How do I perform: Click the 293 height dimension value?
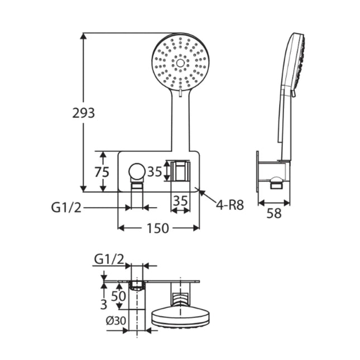(84, 113)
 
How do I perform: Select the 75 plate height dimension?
(102, 172)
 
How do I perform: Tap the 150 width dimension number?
(159, 228)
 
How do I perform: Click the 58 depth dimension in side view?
(274, 213)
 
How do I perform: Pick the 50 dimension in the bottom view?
(118, 296)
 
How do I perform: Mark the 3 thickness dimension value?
(103, 305)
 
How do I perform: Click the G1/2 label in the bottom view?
(109, 258)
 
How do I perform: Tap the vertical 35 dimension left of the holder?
(155, 172)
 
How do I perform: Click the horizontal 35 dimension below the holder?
(180, 200)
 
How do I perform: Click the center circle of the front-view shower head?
(180, 63)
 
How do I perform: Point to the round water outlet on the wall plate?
(136, 171)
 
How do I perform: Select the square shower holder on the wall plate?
(180, 171)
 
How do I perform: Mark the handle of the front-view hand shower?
(180, 123)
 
